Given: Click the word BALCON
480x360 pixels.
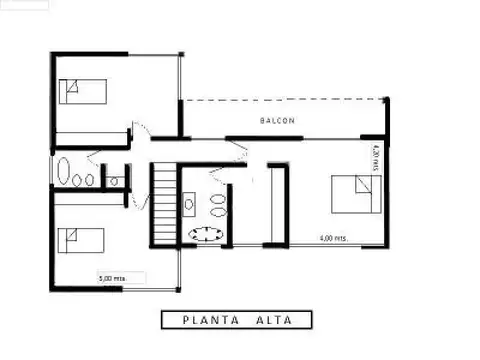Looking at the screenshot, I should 278,121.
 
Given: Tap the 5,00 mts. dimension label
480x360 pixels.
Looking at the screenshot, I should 111,278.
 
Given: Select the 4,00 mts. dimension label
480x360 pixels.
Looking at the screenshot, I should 333,239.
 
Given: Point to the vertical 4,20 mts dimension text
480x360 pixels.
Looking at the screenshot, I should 374,160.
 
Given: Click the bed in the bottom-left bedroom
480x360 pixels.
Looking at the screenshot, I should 81,241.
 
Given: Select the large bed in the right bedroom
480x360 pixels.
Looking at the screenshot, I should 356,195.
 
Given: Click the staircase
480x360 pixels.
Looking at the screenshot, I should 163,205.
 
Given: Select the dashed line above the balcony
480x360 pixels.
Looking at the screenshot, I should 284,98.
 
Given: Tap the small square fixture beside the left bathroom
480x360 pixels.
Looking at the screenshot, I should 114,181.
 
